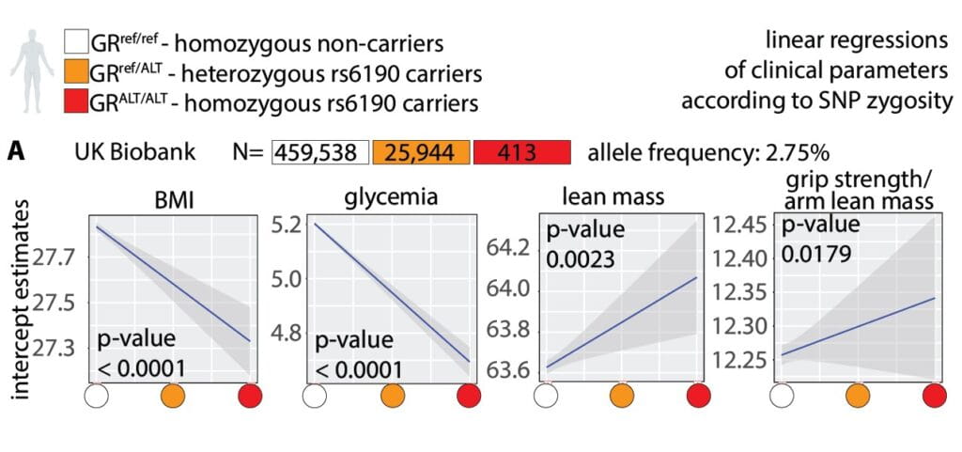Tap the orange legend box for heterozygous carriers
pyautogui.click(x=74, y=72)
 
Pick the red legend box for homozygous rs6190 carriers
pyautogui.click(x=74, y=101)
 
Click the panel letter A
pyautogui.click(x=17, y=151)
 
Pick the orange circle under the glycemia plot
pyautogui.click(x=394, y=395)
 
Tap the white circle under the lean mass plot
pyautogui.click(x=546, y=395)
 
